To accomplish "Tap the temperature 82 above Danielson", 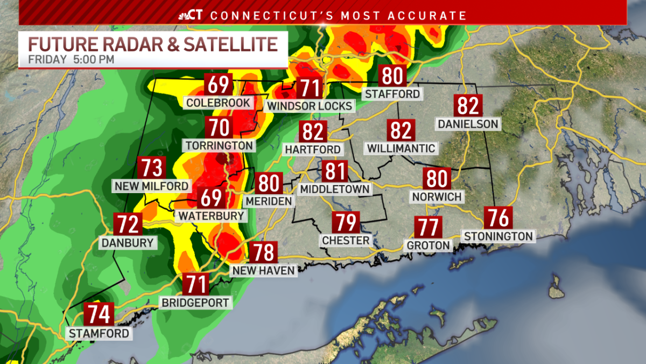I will click(468, 106).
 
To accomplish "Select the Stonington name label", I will click(498, 236).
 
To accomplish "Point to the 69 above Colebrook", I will click(218, 86).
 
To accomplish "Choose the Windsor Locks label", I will click(310, 106).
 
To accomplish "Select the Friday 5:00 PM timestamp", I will click(72, 59).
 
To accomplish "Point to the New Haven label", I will click(264, 271).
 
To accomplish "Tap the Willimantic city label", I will click(401, 148).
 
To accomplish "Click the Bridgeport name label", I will click(196, 303).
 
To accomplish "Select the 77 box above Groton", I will click(429, 227).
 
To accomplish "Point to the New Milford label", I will click(151, 186).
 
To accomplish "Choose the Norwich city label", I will click(437, 197).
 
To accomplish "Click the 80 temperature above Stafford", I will click(392, 77).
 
